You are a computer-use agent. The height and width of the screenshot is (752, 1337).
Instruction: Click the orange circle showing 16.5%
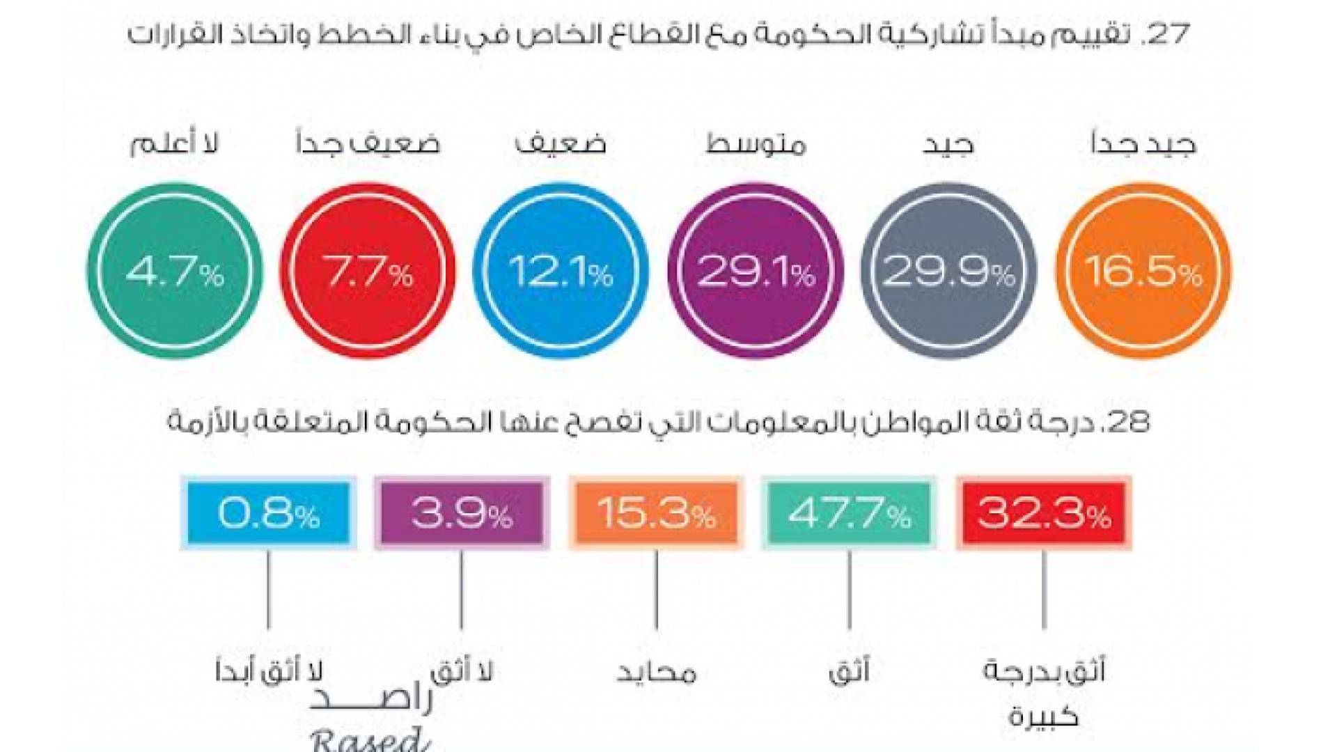1143,271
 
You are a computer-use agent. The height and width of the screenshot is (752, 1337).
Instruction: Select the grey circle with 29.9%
948,271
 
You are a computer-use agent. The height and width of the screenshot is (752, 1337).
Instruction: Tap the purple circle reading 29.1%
756,271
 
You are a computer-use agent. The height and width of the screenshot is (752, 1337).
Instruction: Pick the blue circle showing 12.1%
561,271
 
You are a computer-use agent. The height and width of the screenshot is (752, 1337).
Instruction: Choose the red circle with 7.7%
368,271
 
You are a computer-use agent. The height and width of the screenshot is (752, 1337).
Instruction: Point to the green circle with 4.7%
174,271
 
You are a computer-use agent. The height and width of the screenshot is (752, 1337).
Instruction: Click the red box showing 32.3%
1043,513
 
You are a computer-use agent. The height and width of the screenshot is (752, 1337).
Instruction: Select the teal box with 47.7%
849,513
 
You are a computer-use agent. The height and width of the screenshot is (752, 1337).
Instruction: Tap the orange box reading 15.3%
656,513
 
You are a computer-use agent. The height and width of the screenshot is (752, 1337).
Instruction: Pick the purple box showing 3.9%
462,513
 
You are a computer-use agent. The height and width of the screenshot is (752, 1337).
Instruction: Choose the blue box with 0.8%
268,513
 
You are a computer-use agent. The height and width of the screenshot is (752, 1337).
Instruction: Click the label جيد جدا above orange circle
1143,143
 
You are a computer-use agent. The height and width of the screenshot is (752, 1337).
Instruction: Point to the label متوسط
756,144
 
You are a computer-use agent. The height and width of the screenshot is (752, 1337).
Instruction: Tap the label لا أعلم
174,143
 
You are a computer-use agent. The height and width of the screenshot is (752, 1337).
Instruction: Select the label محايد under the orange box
656,672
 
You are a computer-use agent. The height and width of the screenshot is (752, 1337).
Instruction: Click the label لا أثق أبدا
268,672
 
